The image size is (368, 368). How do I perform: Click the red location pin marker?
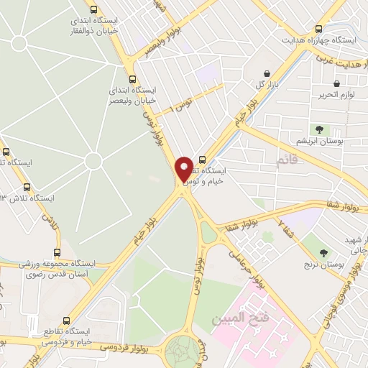[x=184, y=170]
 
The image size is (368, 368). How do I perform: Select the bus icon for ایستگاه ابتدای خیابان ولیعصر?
[x=132, y=80]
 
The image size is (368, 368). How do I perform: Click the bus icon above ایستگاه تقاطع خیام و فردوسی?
[x=67, y=321]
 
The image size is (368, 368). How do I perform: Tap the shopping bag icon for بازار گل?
[x=267, y=73]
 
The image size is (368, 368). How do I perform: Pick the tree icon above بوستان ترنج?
[x=323, y=252]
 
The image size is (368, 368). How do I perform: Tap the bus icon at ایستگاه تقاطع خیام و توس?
[x=201, y=160]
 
